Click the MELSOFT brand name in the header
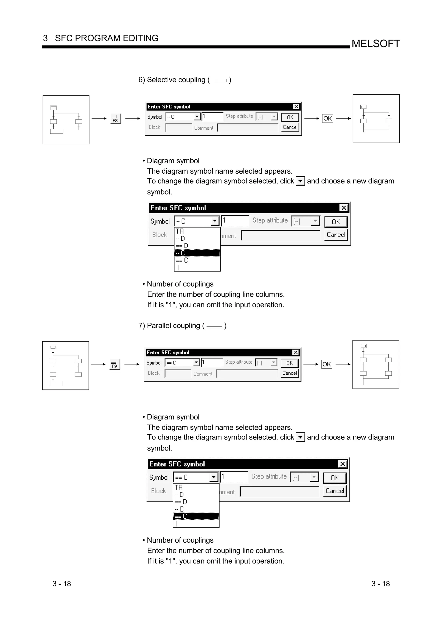point(376,44)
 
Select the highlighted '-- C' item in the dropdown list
point(197,253)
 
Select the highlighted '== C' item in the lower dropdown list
point(196,516)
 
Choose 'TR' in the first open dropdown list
point(197,231)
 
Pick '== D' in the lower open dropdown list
point(196,502)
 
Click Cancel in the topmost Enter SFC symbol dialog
point(290,127)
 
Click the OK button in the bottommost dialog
point(335,478)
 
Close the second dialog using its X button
point(344,208)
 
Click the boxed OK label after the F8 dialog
point(327,118)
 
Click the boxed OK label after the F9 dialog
point(327,364)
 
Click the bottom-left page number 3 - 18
point(62,584)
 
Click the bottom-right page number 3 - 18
point(380,584)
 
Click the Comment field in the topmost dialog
point(247,128)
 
